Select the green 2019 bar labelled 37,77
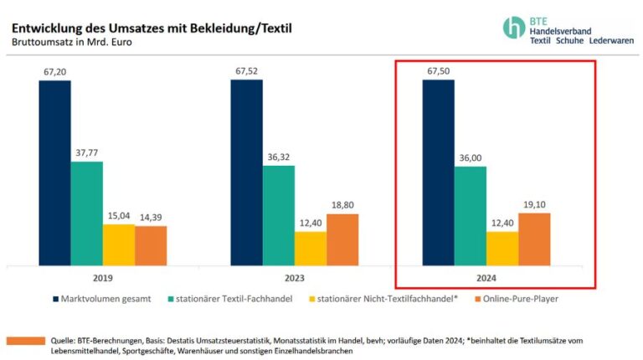click(x=86, y=213)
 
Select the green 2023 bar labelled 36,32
click(x=278, y=214)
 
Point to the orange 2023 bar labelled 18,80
click(x=342, y=239)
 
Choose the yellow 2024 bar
click(x=502, y=248)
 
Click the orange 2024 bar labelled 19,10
click(x=534, y=239)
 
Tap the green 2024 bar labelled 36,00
click(x=471, y=215)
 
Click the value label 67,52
click(x=246, y=71)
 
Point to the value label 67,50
click(x=438, y=71)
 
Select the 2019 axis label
click(x=102, y=278)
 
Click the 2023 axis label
click(x=294, y=278)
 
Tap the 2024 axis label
click(x=486, y=278)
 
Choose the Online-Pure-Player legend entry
click(x=517, y=298)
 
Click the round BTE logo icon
click(x=514, y=27)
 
